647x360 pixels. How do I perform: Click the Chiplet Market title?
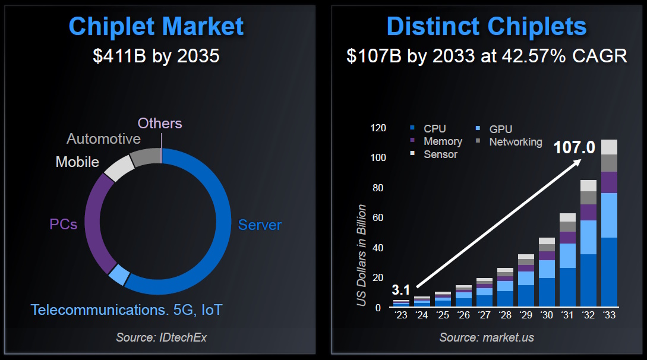coord(156,27)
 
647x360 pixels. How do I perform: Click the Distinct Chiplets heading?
coord(486,27)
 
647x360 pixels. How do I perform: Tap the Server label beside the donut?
coord(260,225)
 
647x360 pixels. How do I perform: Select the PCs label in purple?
coord(63,225)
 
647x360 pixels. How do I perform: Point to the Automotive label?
coord(103,139)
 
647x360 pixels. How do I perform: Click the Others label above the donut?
coord(160,123)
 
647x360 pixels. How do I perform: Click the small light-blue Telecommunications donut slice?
coord(119,274)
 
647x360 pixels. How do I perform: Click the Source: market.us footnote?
coord(486,337)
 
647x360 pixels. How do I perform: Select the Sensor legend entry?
coord(440,154)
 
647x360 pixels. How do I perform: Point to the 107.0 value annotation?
coord(574,147)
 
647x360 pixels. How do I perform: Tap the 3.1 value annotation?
coord(401,290)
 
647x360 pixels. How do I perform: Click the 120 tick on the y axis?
coord(378,128)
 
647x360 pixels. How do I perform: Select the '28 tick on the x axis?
coord(505,315)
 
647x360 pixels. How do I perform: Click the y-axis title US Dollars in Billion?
coord(361,255)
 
